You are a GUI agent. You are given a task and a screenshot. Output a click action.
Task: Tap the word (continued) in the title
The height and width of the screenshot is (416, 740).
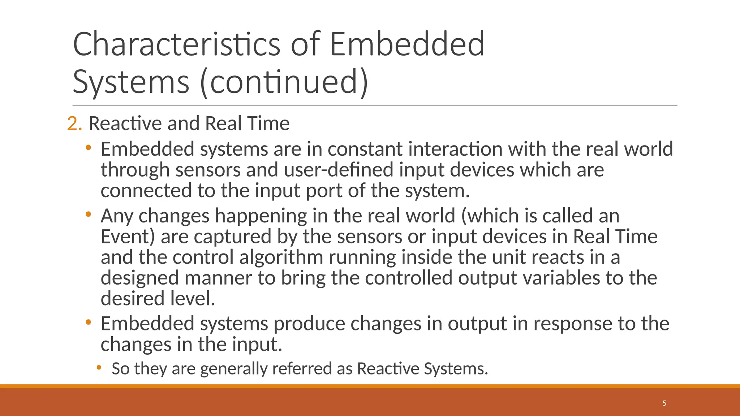pos(284,82)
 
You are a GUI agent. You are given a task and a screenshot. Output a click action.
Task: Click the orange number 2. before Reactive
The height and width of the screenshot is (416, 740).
pos(74,123)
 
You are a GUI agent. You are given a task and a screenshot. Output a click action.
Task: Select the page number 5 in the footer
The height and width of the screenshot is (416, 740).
pos(664,403)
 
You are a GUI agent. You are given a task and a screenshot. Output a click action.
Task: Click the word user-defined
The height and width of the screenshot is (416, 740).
pos(339,170)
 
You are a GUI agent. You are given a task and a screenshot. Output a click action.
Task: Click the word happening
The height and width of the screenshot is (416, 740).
pos(261,216)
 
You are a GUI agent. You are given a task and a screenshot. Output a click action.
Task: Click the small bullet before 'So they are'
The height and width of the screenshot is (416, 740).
pos(99,368)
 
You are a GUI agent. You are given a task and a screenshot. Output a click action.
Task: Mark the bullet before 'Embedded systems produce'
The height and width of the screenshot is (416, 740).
pos(88,322)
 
